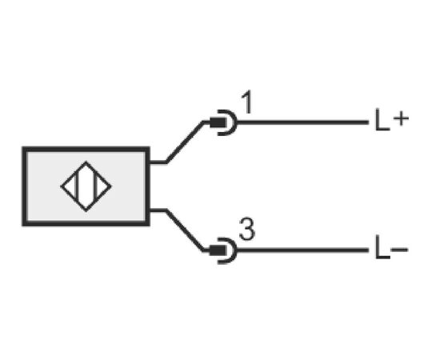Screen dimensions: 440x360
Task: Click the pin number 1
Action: [247, 102]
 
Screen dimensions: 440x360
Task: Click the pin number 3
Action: [247, 230]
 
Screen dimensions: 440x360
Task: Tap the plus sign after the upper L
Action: [401, 118]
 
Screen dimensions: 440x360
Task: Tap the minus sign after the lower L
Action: [399, 249]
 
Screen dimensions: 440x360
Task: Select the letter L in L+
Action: [382, 120]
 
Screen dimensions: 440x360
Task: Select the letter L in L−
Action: [382, 248]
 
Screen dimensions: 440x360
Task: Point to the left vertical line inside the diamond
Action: [76, 186]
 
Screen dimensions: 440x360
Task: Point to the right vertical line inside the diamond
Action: [96, 186]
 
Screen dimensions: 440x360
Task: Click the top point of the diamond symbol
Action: [86, 162]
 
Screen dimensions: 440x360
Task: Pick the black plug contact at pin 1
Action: [218, 122]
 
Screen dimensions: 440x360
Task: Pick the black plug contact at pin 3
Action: [218, 250]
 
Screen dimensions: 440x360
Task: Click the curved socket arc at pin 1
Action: [235, 122]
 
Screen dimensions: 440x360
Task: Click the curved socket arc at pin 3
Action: [235, 250]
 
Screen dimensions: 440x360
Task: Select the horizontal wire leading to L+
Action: [302, 122]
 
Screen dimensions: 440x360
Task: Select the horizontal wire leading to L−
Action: [302, 250]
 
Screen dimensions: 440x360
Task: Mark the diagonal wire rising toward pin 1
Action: [186, 142]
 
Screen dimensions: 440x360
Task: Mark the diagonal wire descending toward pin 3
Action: [186, 230]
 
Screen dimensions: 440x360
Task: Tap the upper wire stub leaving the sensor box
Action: [158, 162]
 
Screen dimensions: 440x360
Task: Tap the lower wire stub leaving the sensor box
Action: [158, 210]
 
